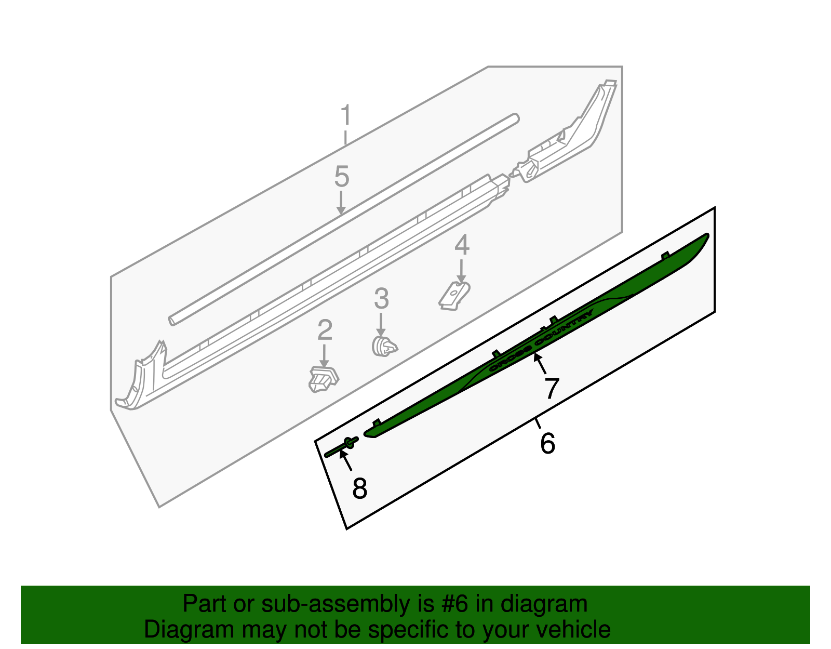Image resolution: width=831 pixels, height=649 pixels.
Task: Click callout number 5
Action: click(x=341, y=177)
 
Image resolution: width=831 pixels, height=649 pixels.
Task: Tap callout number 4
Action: click(x=462, y=245)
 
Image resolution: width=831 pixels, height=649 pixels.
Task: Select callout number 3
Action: click(x=381, y=299)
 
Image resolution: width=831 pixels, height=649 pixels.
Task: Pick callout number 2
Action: click(x=325, y=330)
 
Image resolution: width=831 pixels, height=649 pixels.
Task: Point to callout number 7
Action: click(x=551, y=388)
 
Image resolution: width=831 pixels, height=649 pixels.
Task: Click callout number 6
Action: click(x=547, y=443)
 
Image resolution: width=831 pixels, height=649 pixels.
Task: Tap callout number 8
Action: click(x=359, y=488)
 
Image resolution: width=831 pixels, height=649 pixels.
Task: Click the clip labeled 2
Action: click(x=323, y=379)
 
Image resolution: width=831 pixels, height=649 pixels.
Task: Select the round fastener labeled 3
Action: click(x=384, y=346)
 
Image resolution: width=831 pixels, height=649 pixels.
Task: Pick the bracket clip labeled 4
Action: click(x=455, y=295)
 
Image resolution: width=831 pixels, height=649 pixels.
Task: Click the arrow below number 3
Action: click(x=381, y=324)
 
